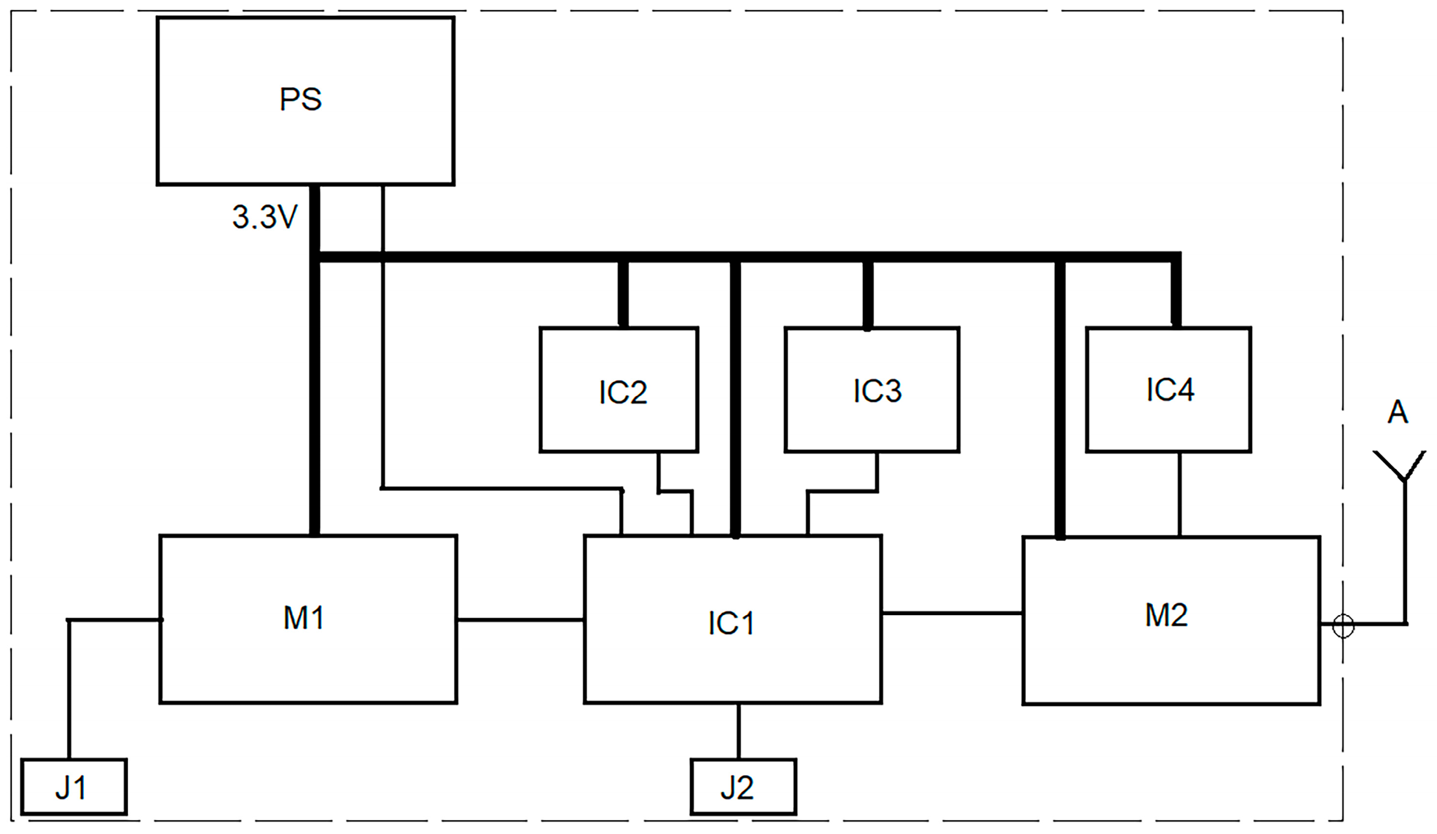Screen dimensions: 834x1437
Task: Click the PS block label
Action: [x=301, y=99]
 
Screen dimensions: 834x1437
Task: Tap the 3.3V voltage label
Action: [x=265, y=217]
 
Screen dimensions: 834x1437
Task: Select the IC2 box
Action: [x=619, y=390]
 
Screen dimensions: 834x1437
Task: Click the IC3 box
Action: [x=872, y=390]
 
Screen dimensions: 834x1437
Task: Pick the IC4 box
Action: [x=1169, y=390]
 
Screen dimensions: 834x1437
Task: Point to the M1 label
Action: [x=304, y=618]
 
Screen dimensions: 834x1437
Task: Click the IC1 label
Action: [x=731, y=623]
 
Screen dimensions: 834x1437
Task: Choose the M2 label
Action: [x=1166, y=616]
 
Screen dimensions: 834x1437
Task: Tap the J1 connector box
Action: [x=74, y=787]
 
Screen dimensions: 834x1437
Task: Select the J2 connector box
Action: [x=743, y=787]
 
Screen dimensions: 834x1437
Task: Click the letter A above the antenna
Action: [x=1397, y=412]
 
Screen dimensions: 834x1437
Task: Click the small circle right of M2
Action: [x=1343, y=626]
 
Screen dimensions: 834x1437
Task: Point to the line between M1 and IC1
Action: [x=520, y=620]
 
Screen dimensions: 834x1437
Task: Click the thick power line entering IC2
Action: [x=623, y=294]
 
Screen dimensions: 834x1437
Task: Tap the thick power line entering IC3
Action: [x=867, y=294]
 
